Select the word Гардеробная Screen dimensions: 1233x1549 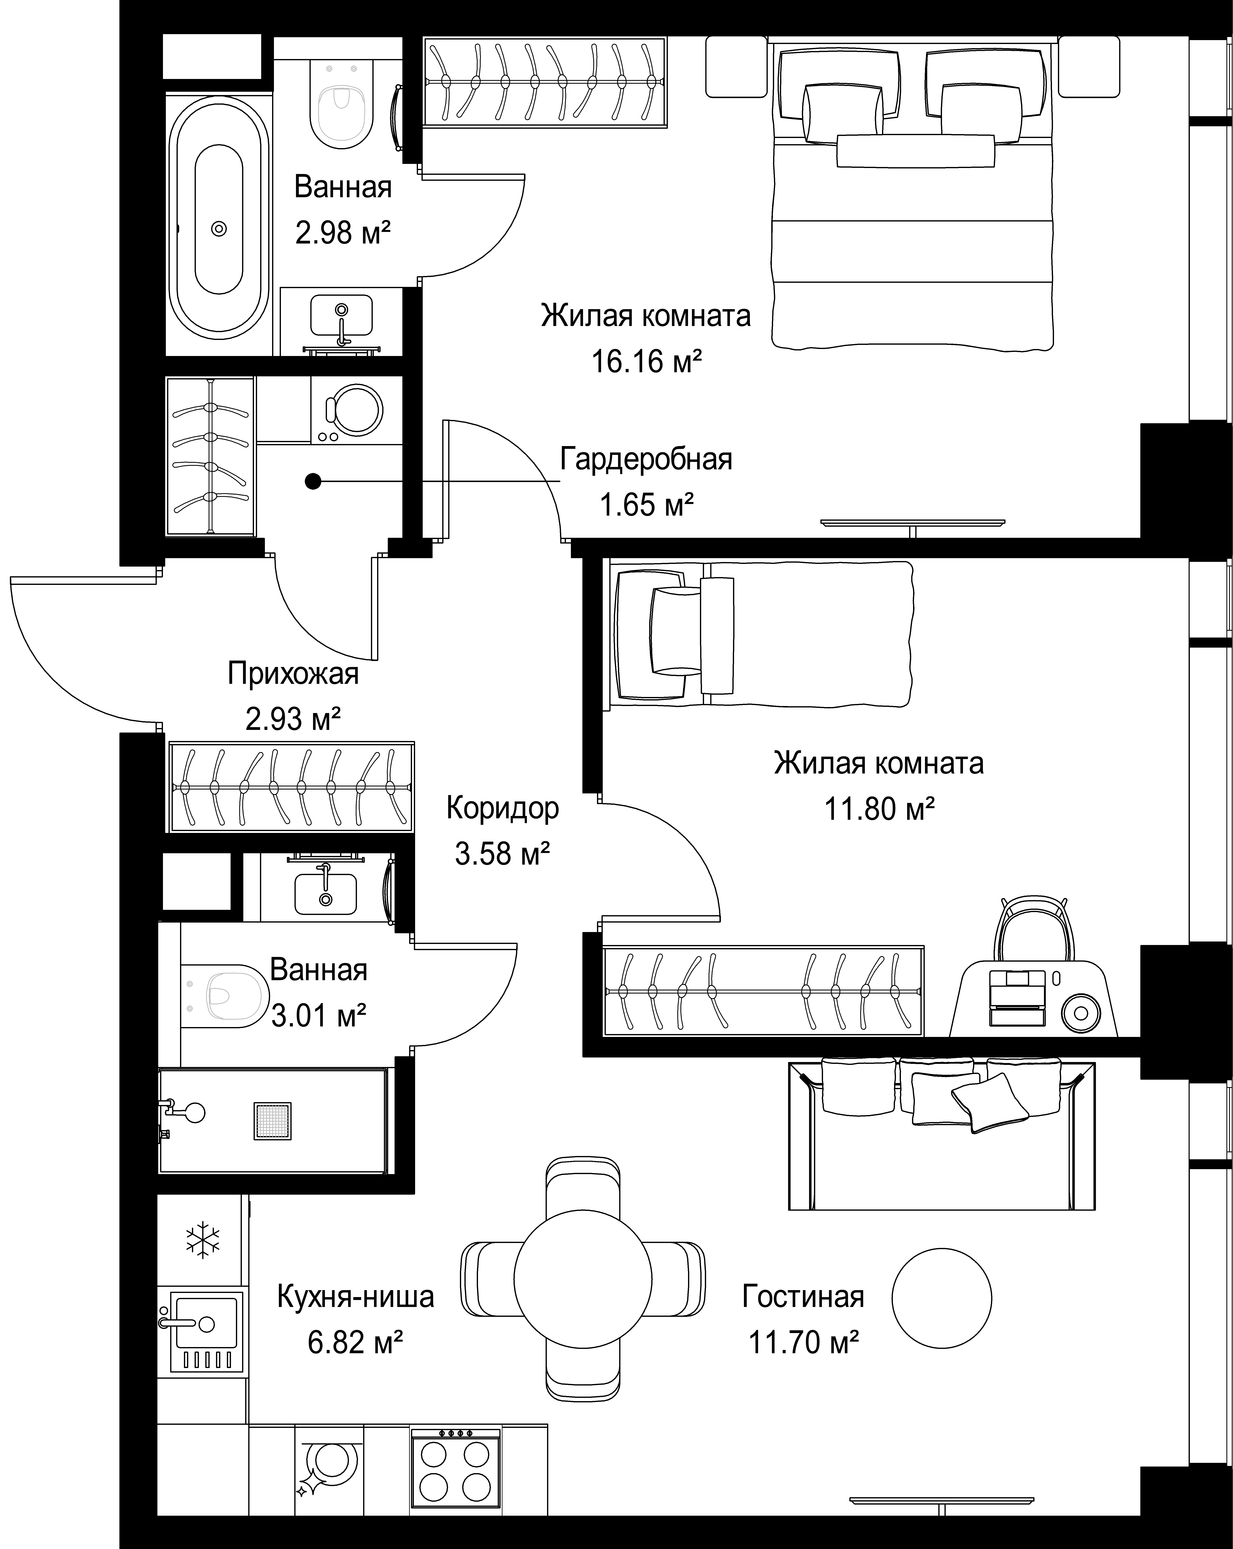[646, 459]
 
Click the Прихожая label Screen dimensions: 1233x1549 [293, 674]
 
